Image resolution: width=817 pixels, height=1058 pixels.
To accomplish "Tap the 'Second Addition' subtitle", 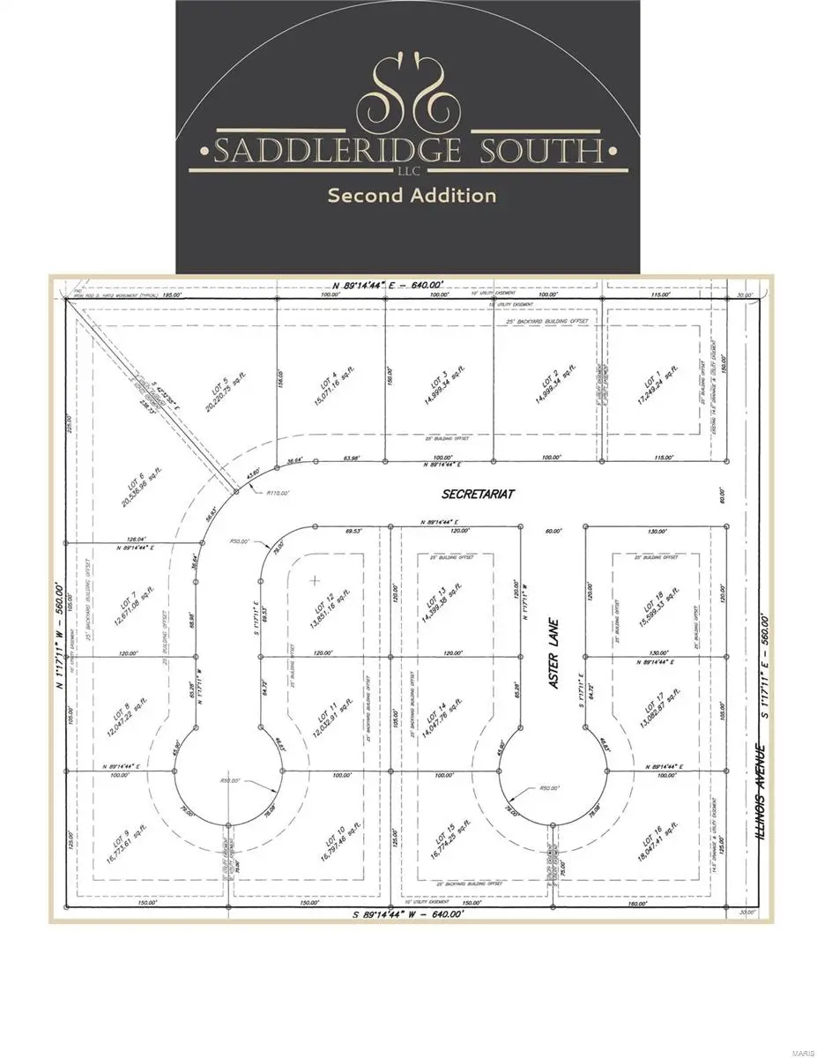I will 412,195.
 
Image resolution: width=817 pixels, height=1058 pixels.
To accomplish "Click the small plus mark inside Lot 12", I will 316,579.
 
